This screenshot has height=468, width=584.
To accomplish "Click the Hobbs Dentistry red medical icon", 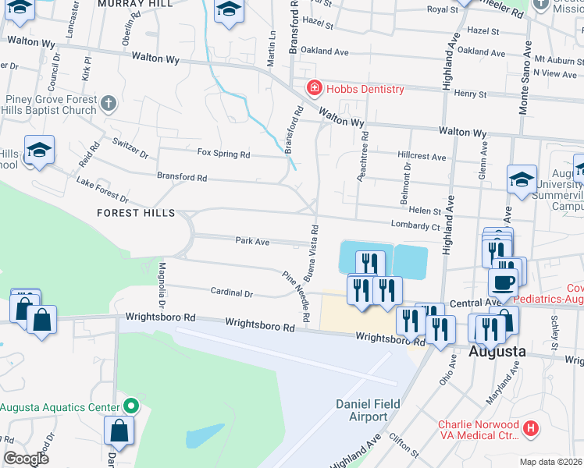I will pyautogui.click(x=314, y=88).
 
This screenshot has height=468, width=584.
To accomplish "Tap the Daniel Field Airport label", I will pyautogui.click(x=361, y=409).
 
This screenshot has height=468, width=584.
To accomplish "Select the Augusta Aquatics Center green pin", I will pyautogui.click(x=131, y=406).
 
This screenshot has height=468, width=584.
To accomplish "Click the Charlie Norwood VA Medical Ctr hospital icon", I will pyautogui.click(x=531, y=427).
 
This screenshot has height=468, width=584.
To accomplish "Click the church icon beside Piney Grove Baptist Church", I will pyautogui.click(x=109, y=102).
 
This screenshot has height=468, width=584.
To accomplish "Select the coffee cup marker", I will pyautogui.click(x=503, y=282).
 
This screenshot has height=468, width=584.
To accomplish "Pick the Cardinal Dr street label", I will pyautogui.click(x=232, y=293).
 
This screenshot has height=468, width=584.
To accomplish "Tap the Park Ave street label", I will pyautogui.click(x=252, y=242).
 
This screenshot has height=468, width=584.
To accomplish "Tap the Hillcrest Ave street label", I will pyautogui.click(x=422, y=157).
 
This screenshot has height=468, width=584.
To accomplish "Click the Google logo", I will pyautogui.click(x=26, y=459).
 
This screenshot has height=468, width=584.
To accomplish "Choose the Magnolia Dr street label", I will pyautogui.click(x=162, y=285).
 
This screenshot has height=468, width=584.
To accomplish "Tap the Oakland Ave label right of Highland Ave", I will pyautogui.click(x=480, y=51).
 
